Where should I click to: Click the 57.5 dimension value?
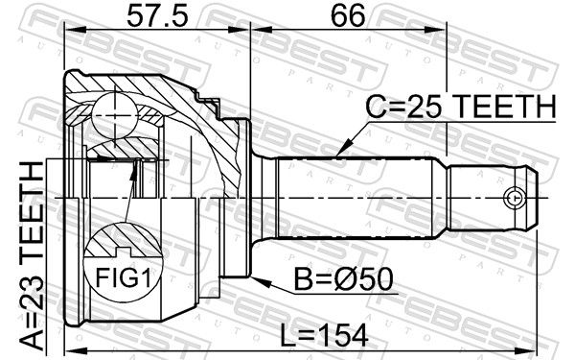click(157, 16)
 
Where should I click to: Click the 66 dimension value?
click(348, 16)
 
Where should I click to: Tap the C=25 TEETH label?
click(461, 107)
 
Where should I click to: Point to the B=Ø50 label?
click(344, 278)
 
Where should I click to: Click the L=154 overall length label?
click(324, 335)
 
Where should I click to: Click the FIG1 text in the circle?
click(123, 277)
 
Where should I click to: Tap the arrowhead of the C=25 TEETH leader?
click(342, 150)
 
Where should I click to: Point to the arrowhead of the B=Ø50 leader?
click(261, 281)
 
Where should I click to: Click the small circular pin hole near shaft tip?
click(513, 198)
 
